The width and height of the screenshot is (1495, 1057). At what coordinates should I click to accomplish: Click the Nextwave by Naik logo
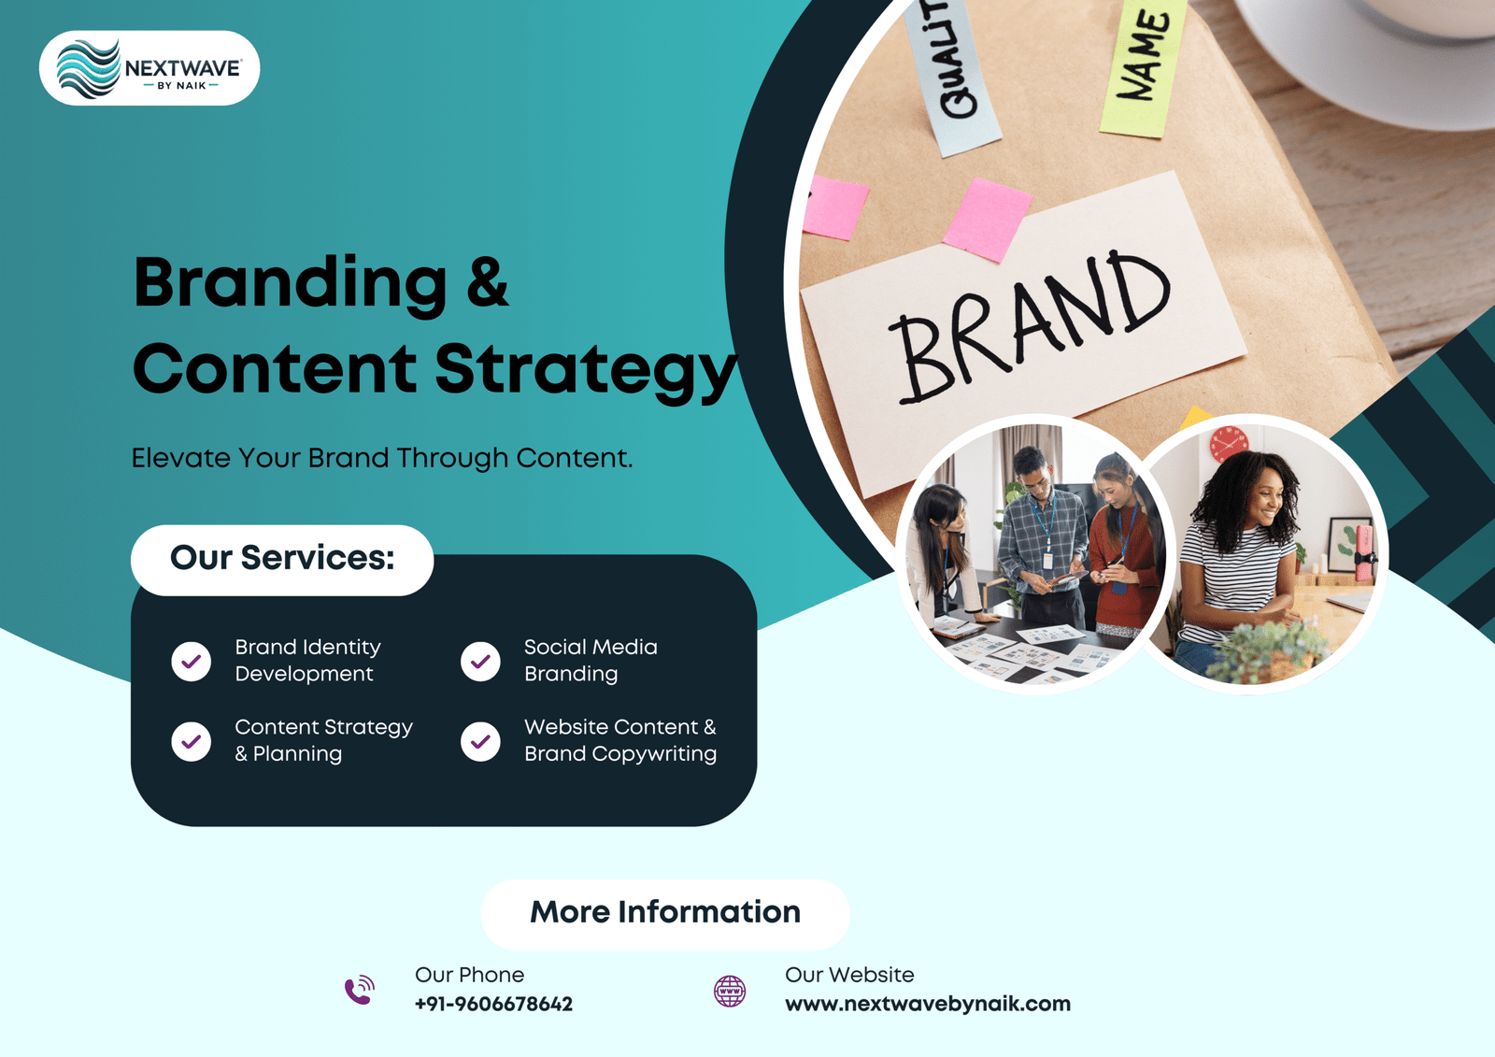tap(149, 68)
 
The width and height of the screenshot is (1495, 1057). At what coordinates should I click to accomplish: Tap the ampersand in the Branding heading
tap(488, 281)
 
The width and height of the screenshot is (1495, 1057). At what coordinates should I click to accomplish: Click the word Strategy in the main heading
tap(585, 368)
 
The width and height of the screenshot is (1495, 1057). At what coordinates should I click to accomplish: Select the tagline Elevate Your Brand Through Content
tap(381, 458)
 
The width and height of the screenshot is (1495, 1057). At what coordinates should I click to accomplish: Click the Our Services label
tap(282, 559)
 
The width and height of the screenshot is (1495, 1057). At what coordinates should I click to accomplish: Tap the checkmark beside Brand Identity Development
tap(192, 662)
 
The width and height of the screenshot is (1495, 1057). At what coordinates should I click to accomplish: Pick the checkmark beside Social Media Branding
tap(480, 662)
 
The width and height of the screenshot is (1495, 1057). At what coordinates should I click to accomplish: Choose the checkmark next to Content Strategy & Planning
tap(192, 742)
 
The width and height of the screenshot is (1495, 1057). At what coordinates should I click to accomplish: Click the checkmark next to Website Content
tap(480, 742)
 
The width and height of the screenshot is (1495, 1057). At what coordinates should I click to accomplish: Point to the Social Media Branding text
tap(591, 660)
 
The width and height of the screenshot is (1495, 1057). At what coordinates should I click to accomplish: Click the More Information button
tap(665, 912)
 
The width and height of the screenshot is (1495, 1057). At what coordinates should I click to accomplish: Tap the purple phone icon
tap(360, 990)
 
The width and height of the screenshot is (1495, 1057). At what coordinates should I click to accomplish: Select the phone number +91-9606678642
tap(493, 1005)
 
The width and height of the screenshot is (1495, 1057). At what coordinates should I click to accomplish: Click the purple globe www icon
tap(730, 991)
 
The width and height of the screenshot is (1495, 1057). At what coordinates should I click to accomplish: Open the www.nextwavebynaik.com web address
tap(928, 1005)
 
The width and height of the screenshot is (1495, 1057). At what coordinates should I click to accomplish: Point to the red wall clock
tap(1229, 443)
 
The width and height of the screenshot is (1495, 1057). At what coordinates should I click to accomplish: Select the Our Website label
tap(849, 975)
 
